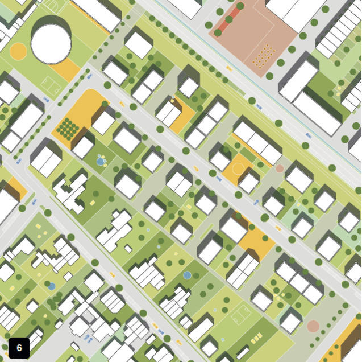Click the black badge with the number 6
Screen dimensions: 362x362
[19, 348]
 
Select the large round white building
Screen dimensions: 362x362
[51, 43]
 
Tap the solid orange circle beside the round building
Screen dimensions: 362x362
[18, 51]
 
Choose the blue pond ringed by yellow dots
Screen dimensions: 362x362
[100, 162]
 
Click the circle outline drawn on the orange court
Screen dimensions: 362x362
[238, 169]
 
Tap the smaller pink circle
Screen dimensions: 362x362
[280, 168]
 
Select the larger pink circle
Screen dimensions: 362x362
[313, 326]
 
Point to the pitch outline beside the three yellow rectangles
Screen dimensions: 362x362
[242, 314]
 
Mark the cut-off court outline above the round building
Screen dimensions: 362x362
[53, 6]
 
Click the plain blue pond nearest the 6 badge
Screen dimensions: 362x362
[52, 286]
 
